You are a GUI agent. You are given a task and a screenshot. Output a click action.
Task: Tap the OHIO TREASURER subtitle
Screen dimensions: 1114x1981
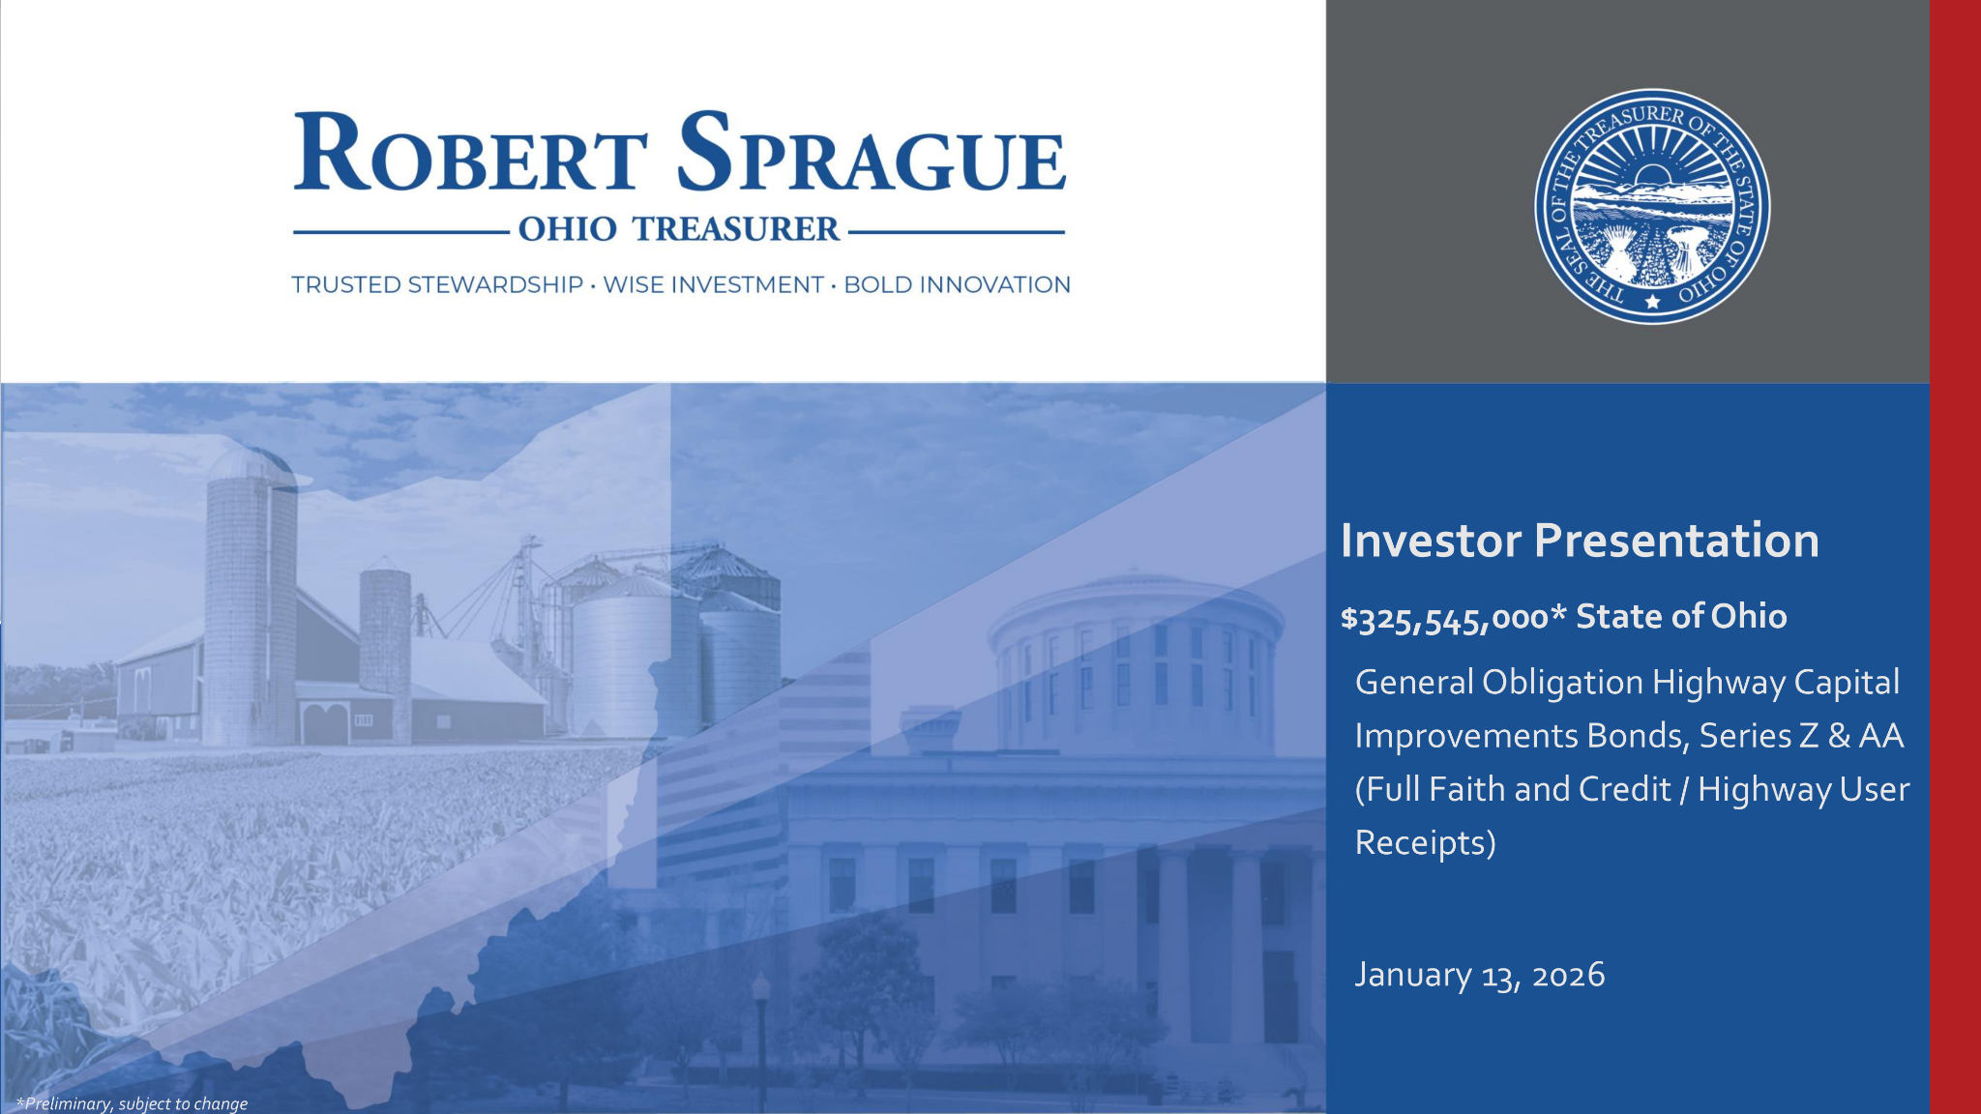tap(678, 229)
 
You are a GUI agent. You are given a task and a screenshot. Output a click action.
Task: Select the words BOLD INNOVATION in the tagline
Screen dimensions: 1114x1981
tap(957, 285)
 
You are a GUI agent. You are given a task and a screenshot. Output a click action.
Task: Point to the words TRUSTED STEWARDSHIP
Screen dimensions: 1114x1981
tap(437, 285)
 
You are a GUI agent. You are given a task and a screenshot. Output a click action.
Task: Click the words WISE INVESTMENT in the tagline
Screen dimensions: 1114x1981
tap(713, 285)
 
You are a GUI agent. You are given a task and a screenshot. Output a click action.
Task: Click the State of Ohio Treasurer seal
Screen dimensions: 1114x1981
tap(1652, 206)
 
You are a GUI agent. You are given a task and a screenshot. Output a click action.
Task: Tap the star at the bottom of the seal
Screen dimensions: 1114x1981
tap(1652, 302)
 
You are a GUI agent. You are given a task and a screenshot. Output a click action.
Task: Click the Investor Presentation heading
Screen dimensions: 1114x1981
tap(1580, 541)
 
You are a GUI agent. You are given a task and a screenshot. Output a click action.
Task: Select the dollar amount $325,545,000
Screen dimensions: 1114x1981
tap(1445, 618)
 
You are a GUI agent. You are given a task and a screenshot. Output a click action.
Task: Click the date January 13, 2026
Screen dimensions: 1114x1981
tap(1479, 975)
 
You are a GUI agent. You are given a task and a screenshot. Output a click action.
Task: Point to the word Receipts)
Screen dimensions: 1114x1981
tap(1425, 843)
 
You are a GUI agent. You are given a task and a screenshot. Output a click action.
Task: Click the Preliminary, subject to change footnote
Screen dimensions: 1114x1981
tap(133, 1103)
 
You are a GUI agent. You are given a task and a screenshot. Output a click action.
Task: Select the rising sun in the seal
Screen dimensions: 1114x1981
tap(1652, 177)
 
